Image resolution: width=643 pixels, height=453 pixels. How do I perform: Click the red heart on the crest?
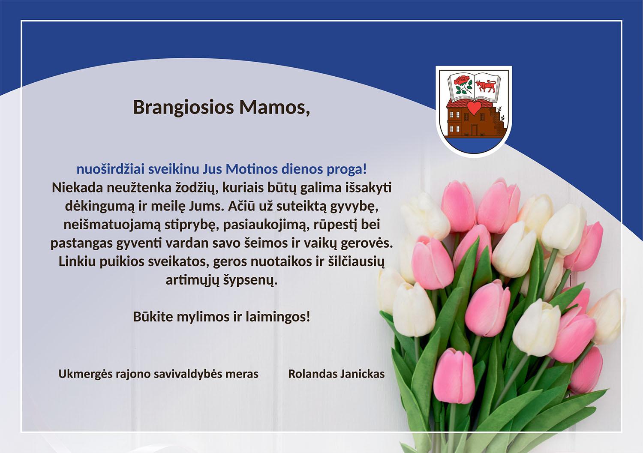(474, 108)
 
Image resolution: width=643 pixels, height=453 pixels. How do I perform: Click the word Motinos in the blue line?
(252, 169)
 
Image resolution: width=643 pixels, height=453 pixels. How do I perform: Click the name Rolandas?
(312, 374)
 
